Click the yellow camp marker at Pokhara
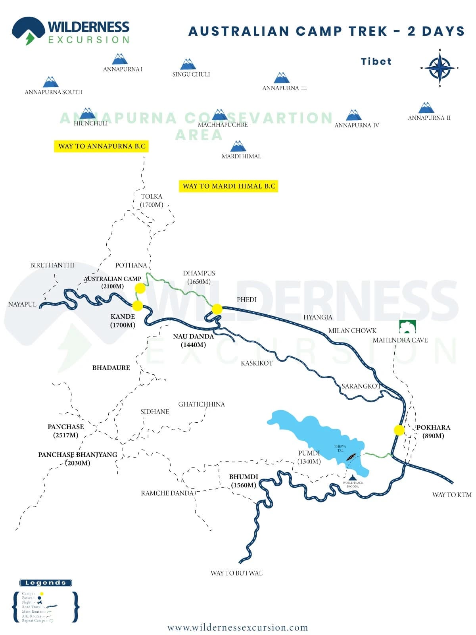tap(399, 430)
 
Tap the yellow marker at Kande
tap(137, 306)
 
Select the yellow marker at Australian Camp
tap(140, 288)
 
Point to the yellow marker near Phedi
tap(217, 309)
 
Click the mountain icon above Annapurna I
tap(119, 59)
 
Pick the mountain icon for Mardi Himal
tap(238, 146)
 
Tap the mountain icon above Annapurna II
tap(426, 108)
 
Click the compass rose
tap(440, 68)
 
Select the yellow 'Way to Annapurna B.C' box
tap(102, 146)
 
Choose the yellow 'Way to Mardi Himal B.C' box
tap(229, 186)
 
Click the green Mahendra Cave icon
tap(407, 327)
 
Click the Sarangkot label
tap(361, 386)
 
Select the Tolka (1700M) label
tap(152, 201)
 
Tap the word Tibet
tap(376, 62)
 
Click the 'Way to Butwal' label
tap(236, 573)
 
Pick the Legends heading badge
tap(46, 583)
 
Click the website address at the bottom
tap(238, 627)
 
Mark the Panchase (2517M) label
tap(66, 431)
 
